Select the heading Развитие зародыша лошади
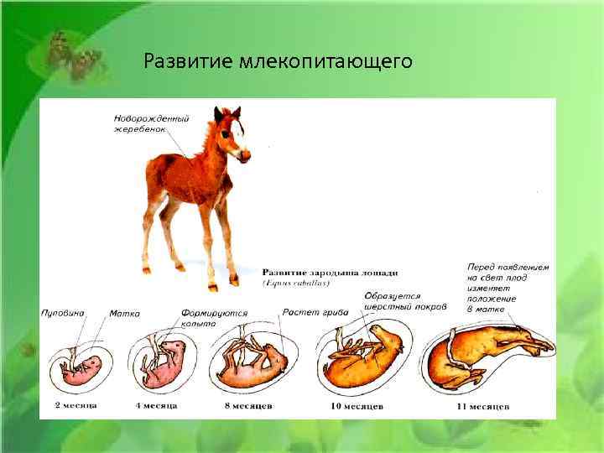330,273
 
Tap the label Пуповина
63,313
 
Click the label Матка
124,313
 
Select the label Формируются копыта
214,317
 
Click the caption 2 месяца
75,405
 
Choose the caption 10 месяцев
358,406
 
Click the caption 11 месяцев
484,406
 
